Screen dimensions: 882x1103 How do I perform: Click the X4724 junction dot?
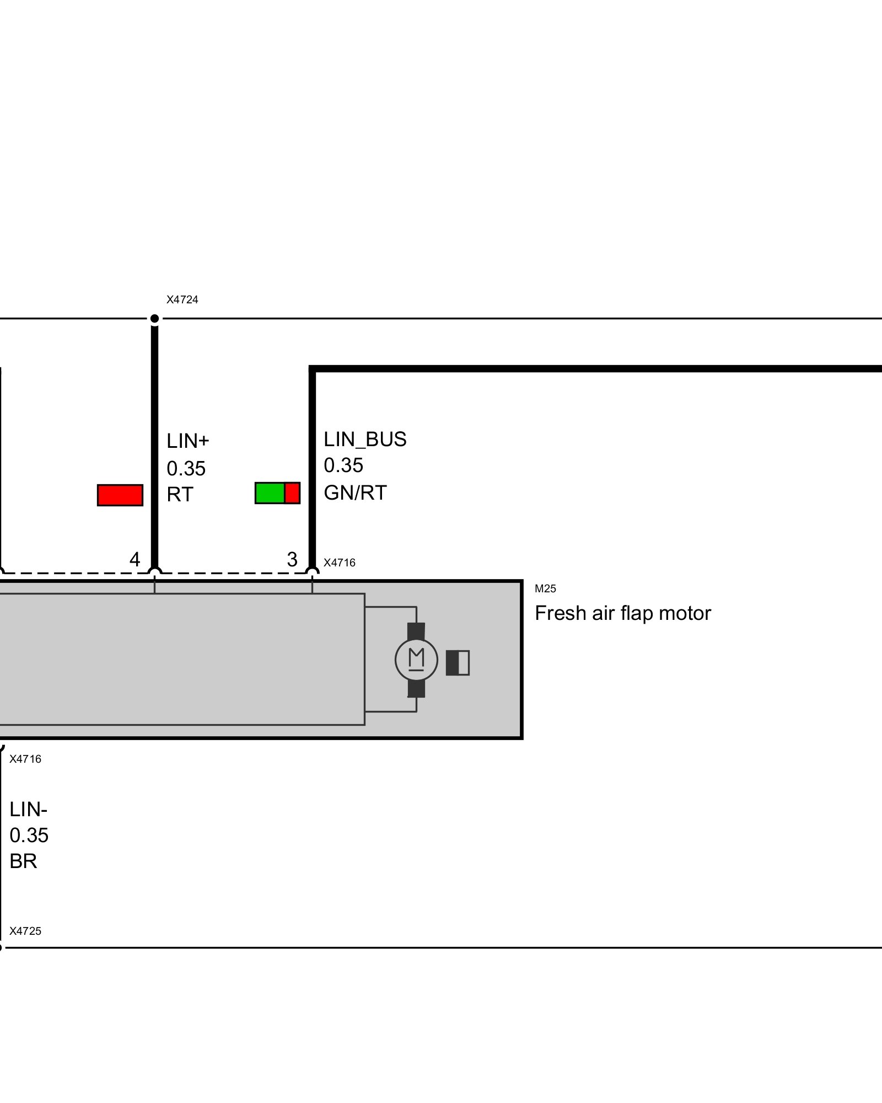[155, 318]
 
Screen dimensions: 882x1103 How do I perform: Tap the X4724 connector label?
[182, 300]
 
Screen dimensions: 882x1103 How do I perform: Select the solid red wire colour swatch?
[120, 495]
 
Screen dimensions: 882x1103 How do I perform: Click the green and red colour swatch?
[277, 492]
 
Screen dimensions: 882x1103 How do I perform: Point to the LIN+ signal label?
[188, 441]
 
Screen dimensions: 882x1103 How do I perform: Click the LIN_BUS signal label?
[365, 440]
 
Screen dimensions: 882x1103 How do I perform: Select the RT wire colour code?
[180, 495]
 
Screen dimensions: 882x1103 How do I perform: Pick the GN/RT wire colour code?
[355, 492]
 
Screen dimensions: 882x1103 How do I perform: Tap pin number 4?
[135, 559]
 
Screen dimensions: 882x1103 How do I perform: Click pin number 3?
[292, 559]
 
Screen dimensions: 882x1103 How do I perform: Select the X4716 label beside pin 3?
[339, 563]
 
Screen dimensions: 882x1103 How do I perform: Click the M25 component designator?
[545, 588]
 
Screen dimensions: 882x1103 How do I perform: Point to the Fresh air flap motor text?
[623, 613]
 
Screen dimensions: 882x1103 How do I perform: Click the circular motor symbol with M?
[416, 660]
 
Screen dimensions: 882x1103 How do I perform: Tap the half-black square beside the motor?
[458, 662]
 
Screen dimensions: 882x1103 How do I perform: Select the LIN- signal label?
[28, 810]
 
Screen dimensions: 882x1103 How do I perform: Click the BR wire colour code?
[23, 861]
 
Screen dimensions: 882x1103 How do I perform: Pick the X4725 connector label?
[25, 931]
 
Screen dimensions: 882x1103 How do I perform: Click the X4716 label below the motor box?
[25, 759]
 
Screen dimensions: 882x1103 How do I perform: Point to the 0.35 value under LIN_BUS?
[343, 465]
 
